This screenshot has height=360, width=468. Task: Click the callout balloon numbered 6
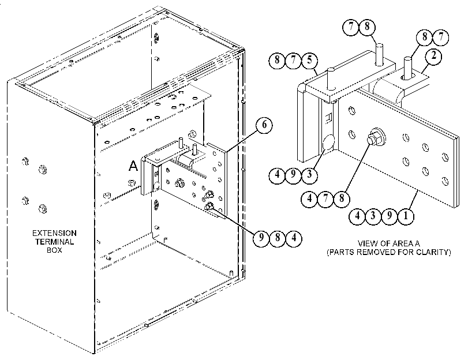(x=264, y=125)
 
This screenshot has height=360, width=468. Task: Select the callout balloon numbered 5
(x=309, y=61)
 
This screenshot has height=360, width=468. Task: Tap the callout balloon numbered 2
(x=433, y=56)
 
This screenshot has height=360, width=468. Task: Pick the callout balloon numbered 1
(x=405, y=216)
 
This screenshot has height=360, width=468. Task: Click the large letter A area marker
(x=133, y=166)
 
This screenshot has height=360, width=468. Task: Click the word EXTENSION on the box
(x=54, y=233)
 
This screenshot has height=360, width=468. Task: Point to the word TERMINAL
(x=54, y=242)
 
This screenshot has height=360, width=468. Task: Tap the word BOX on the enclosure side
(x=54, y=250)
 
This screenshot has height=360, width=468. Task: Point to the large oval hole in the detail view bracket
(x=328, y=142)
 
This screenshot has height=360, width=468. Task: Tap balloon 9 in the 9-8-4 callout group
(x=261, y=238)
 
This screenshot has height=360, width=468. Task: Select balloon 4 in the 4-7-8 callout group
(x=309, y=198)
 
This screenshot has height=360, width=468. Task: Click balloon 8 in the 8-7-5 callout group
(x=277, y=61)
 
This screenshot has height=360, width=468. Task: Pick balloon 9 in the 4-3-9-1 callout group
(x=389, y=216)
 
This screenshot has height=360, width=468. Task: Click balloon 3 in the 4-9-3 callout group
(x=309, y=174)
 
